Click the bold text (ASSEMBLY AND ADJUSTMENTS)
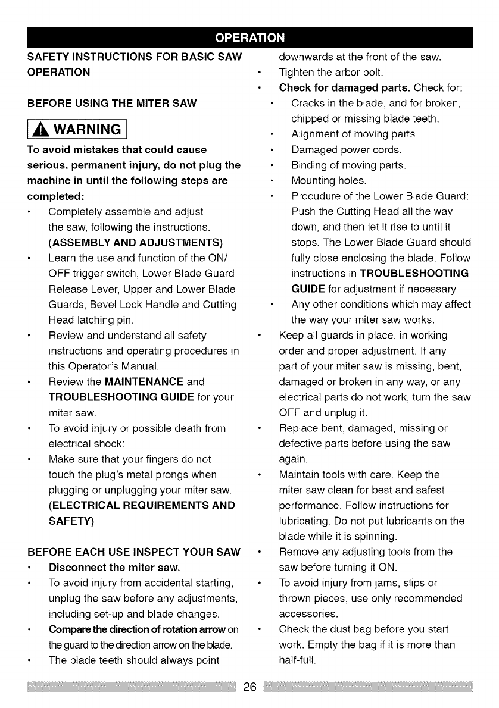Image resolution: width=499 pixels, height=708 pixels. point(135,242)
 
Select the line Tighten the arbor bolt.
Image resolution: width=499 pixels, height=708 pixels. point(331,73)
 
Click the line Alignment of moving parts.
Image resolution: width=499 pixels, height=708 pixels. point(354,134)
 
